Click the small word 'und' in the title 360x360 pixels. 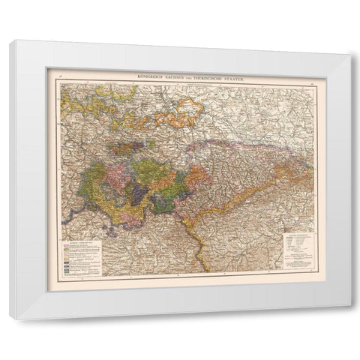tap(193, 78)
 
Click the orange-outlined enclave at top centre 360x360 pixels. tap(181, 112)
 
